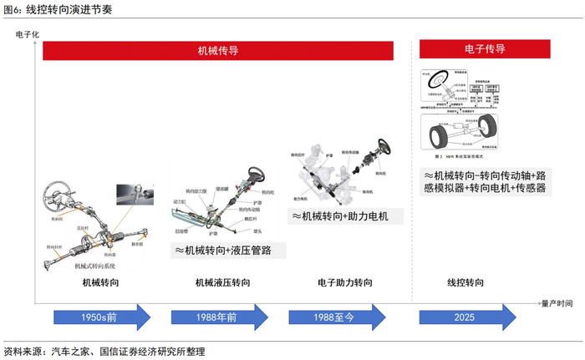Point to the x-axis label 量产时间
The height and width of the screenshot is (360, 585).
tap(556, 302)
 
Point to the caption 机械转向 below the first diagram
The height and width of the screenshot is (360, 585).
tap(99, 284)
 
